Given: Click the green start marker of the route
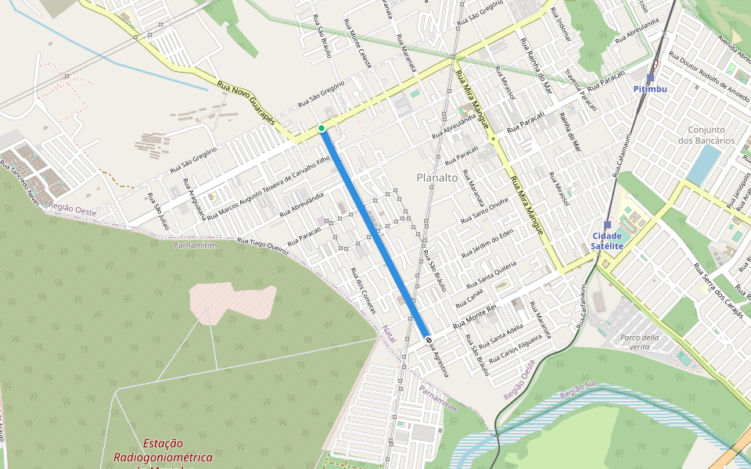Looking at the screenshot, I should click(322, 128).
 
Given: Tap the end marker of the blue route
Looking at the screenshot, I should click(428, 338).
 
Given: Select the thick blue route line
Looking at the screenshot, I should click(374, 233).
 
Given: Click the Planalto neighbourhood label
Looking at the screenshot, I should click(437, 177).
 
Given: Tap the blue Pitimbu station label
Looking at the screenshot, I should click(650, 89).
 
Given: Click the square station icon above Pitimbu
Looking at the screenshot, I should click(650, 78).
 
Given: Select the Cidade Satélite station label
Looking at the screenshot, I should click(607, 241).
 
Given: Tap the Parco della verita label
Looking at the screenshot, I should click(639, 342).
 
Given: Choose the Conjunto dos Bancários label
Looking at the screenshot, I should click(712, 135).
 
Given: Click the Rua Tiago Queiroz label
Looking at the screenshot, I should click(263, 245).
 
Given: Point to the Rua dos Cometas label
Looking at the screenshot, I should click(363, 291).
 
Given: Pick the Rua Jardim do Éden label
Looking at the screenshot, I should click(487, 244).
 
